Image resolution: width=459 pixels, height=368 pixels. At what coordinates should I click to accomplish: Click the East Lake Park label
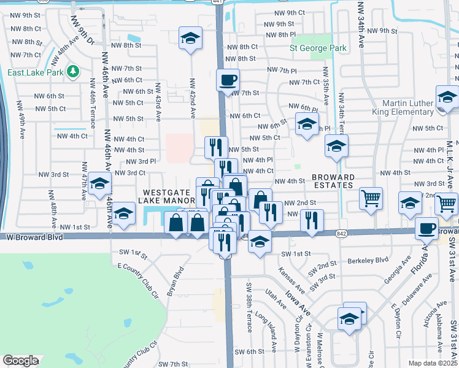(x=36, y=72)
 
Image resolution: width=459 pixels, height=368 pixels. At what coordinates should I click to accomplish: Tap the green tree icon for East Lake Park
(x=72, y=72)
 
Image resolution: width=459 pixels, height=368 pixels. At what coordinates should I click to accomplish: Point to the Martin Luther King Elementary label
(x=407, y=107)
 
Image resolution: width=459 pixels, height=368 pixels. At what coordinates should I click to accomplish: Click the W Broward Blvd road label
(x=37, y=236)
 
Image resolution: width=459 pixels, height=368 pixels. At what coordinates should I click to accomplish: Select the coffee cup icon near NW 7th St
(x=228, y=80)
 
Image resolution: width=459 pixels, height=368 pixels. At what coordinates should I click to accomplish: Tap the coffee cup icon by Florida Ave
(x=426, y=228)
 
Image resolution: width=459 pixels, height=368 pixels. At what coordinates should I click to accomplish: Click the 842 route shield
(x=342, y=233)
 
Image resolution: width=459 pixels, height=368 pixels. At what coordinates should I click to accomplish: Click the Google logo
(x=20, y=361)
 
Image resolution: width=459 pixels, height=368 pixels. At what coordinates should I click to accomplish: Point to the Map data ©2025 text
(x=433, y=363)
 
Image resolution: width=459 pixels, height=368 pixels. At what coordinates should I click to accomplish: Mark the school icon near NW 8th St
(x=191, y=39)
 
